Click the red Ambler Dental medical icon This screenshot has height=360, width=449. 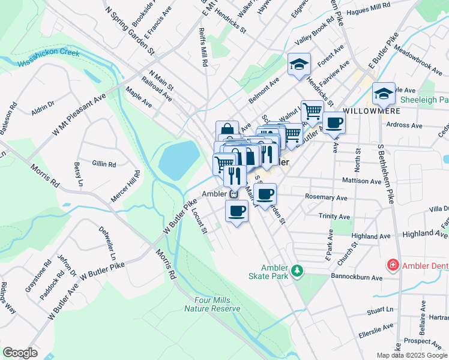coord(393,265)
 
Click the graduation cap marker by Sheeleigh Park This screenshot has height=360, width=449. coord(383,94)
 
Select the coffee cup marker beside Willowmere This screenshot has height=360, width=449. coord(334,123)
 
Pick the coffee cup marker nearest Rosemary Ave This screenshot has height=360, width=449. coord(265,194)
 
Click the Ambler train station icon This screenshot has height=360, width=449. coord(235,194)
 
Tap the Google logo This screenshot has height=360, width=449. coord(20,352)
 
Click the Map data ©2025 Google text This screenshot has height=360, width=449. coord(412,355)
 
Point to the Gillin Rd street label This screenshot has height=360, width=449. coord(103,163)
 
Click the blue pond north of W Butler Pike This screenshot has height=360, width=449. coord(178,159)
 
